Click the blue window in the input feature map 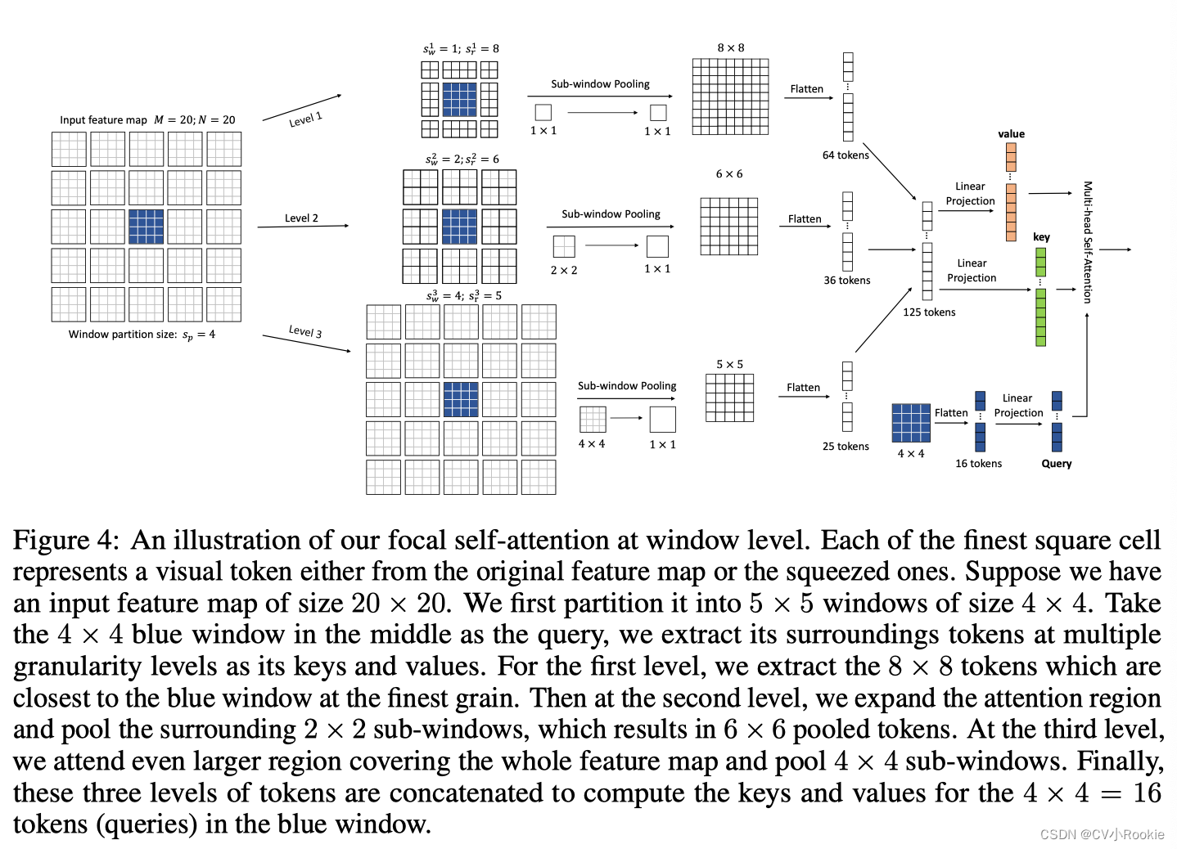[146, 227]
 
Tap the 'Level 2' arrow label [301, 218]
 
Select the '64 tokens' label [846, 155]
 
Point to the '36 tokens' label [847, 281]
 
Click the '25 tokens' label [846, 447]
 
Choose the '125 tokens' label [929, 312]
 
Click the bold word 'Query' [1056, 464]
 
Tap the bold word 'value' [1011, 134]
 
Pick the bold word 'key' [1041, 237]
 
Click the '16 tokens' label [978, 464]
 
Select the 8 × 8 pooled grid [730, 97]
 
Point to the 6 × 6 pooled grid [728, 227]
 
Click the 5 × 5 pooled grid [729, 398]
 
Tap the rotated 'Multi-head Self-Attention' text [1088, 242]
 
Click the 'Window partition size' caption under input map [142, 335]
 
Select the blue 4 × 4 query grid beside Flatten [911, 423]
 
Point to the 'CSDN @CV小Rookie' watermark [1102, 834]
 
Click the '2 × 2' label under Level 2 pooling [563, 270]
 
